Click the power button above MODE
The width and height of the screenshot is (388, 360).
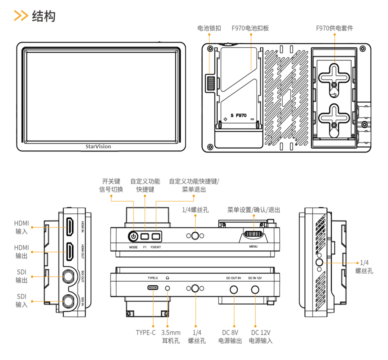[133, 236]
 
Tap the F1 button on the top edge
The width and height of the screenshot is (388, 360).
[145, 236]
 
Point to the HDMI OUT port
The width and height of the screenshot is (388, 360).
[70, 251]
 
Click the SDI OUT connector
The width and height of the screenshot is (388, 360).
[69, 276]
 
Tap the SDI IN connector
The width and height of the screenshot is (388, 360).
[69, 301]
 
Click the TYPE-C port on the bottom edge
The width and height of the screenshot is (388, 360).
[153, 288]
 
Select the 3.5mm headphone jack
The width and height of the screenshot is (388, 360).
[168, 288]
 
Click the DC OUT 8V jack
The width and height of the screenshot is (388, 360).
[233, 289]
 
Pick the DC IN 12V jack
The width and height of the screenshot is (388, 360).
[255, 289]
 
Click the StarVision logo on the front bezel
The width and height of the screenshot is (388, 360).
[98, 146]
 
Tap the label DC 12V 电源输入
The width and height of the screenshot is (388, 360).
[260, 337]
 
